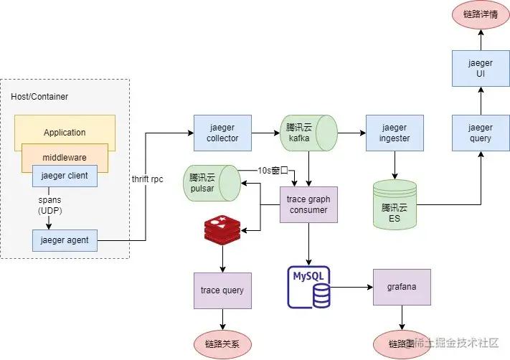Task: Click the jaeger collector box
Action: [222, 133]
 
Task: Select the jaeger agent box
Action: [65, 240]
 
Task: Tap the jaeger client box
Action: [65, 176]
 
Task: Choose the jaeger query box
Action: [481, 133]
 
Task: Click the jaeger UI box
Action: [481, 68]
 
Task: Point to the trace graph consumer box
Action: [308, 204]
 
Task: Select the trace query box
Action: [222, 290]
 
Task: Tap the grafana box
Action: [402, 287]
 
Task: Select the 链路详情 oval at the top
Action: [481, 14]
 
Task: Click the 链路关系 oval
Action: [222, 344]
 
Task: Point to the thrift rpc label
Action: [148, 179]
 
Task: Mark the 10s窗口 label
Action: [273, 171]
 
